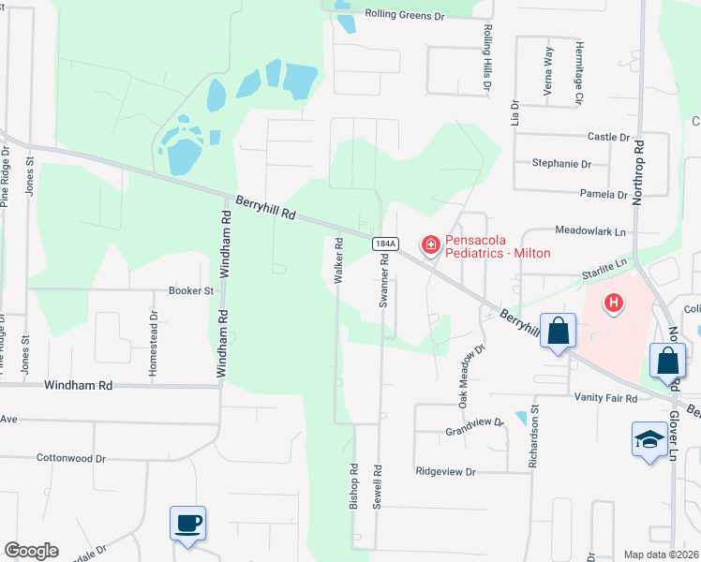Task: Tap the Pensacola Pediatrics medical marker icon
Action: pos(431,245)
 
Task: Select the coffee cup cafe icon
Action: pos(187,522)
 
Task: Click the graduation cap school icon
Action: pos(649,440)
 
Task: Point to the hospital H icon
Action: pos(614,303)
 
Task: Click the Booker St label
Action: pos(191,291)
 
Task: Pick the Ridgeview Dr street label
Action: pos(446,472)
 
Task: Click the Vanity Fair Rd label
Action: pos(605,398)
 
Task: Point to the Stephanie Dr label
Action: pos(561,164)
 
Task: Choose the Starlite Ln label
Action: pos(604,266)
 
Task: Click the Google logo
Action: pos(31,551)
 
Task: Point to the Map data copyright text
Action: pos(661,555)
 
